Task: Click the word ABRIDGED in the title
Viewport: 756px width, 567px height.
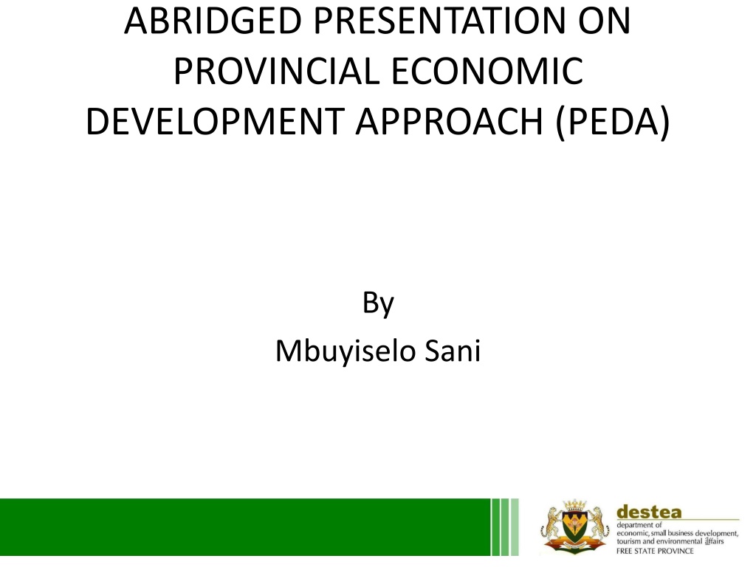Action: (x=213, y=21)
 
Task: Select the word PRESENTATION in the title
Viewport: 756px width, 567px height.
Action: (x=439, y=21)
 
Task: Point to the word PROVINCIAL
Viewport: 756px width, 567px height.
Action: (x=276, y=72)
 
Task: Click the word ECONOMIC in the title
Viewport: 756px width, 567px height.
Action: (x=487, y=72)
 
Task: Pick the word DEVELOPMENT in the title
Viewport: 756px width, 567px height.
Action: (x=215, y=122)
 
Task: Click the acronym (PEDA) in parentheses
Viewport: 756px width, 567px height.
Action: (x=613, y=123)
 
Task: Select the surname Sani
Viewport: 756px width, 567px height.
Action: (x=453, y=351)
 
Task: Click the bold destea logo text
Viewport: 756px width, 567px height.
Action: (x=649, y=512)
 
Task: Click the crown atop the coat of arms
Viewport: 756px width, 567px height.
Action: (x=574, y=505)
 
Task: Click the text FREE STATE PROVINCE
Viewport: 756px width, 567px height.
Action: (x=655, y=551)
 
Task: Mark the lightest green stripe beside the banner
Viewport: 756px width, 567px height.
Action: (x=515, y=527)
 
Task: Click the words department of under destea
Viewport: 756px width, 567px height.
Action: (x=639, y=526)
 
